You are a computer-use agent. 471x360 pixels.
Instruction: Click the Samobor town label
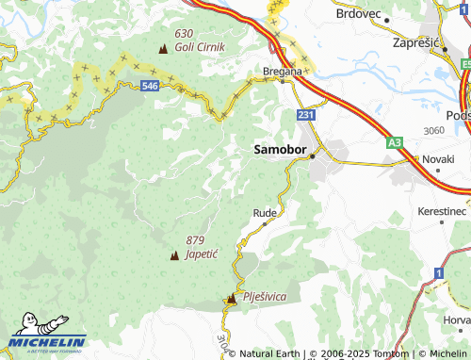(280, 150)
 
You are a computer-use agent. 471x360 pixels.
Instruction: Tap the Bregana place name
(283, 71)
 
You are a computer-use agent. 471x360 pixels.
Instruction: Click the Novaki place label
(438, 159)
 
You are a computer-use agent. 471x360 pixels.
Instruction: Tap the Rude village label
(265, 213)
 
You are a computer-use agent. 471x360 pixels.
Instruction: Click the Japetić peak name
(202, 254)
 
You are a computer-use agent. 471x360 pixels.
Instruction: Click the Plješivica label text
(264, 297)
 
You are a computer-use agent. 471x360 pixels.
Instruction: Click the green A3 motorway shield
(394, 142)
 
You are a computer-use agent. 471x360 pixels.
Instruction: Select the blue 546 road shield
(150, 86)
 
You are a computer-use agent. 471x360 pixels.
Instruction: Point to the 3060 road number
(434, 130)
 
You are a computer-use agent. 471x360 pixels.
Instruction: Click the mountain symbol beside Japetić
(174, 254)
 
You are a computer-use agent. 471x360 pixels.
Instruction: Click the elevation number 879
(196, 240)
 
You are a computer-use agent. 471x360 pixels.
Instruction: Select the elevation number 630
(184, 33)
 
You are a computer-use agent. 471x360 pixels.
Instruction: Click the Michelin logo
(47, 341)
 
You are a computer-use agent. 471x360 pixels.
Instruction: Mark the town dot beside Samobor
(313, 156)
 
